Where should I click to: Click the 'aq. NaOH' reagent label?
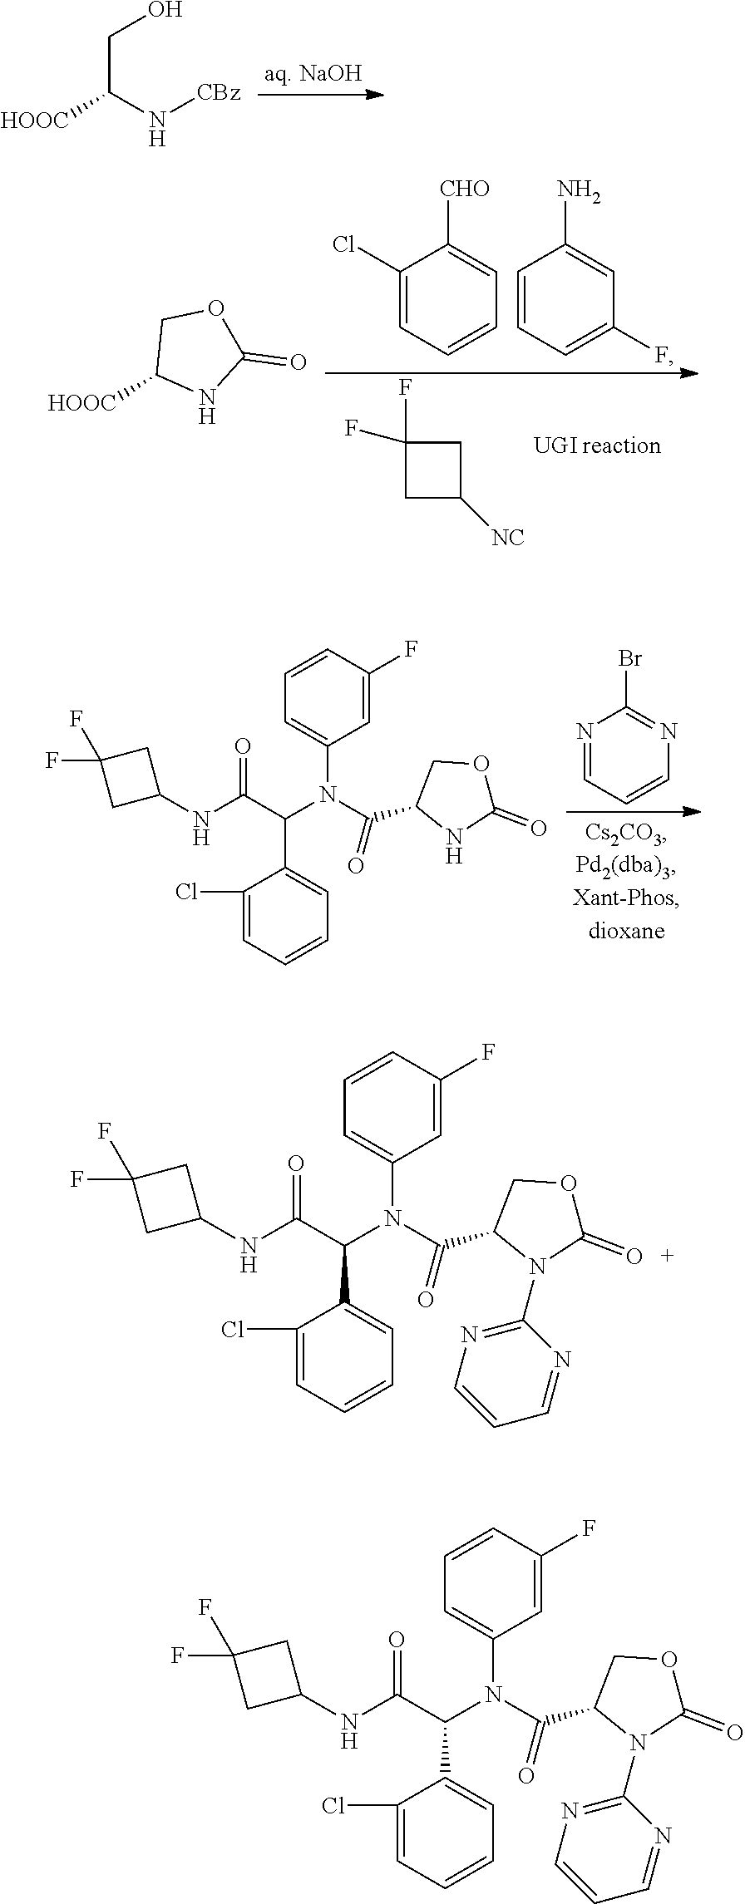(313, 74)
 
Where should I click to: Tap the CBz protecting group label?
(218, 92)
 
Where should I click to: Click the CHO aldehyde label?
(464, 189)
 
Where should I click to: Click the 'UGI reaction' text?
(597, 446)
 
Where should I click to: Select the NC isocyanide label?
(507, 538)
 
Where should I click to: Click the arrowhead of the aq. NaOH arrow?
(376, 95)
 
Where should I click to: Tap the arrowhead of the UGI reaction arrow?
(689, 373)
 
